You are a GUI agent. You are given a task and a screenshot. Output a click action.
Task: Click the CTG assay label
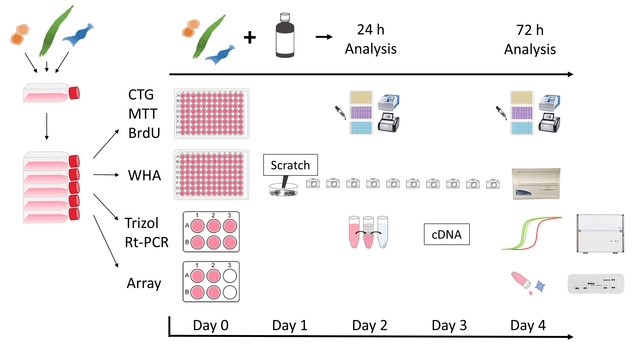[x=140, y=94]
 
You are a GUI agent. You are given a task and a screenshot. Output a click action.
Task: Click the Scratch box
[x=289, y=164]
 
